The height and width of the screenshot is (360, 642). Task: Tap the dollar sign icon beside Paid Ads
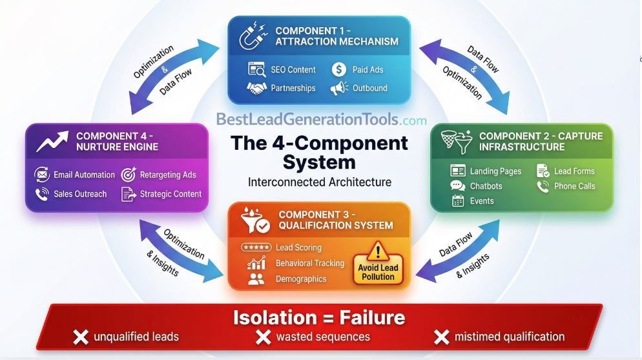click(x=339, y=69)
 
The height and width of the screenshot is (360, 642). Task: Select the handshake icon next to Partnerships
click(x=256, y=88)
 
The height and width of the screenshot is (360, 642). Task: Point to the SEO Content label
click(x=293, y=69)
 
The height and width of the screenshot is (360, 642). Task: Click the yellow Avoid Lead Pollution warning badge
click(x=378, y=264)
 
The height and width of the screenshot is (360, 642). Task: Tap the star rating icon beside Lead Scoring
click(x=255, y=248)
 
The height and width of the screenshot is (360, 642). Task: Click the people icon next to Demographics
click(x=256, y=279)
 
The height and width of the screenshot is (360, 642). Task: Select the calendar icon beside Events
click(x=458, y=201)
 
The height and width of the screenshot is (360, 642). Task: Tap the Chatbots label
click(x=486, y=186)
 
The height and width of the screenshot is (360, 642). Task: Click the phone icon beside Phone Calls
click(x=543, y=186)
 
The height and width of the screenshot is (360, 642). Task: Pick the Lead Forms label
click(x=574, y=171)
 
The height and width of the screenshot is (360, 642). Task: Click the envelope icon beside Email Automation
click(x=42, y=175)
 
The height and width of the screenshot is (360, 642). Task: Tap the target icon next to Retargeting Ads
click(x=129, y=175)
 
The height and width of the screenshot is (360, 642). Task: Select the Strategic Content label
click(x=171, y=193)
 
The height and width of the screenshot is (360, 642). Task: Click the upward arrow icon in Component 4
click(x=52, y=140)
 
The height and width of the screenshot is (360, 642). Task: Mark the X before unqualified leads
click(x=80, y=337)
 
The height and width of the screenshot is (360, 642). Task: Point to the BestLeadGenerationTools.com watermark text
click(x=321, y=120)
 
